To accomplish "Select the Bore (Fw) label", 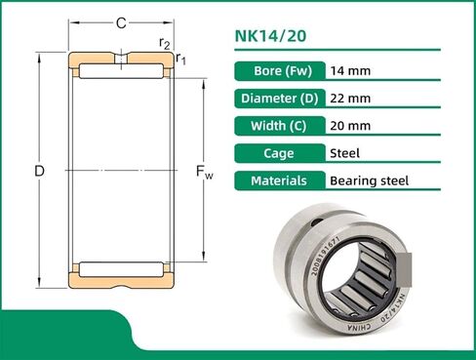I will tap(278, 71).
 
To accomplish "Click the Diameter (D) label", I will tap(278, 99).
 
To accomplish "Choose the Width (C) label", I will tap(278, 126).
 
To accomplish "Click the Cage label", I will tap(278, 153).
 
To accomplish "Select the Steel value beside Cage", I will tap(345, 153).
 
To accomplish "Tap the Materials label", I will tap(278, 180).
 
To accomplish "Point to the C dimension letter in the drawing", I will tap(120, 21).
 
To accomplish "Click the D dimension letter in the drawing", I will tap(39, 172).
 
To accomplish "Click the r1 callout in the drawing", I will tap(180, 60).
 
